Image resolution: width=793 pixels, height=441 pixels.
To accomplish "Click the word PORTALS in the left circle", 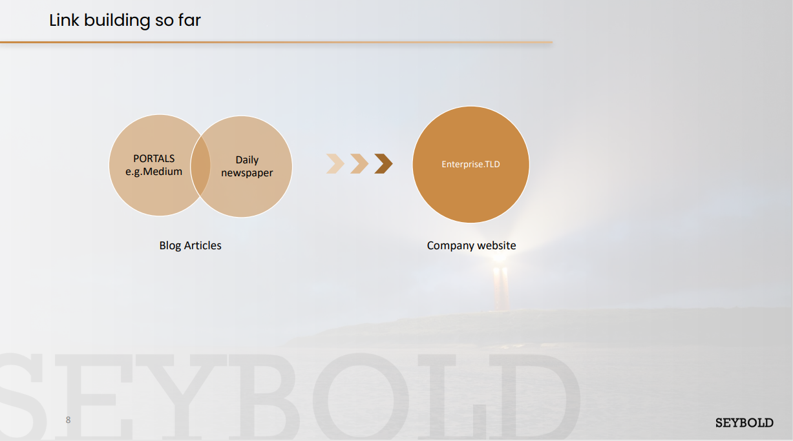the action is [154, 158].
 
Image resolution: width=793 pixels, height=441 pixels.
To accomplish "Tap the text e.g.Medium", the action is [154, 172].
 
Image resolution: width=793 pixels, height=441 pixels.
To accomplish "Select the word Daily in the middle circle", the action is [247, 160].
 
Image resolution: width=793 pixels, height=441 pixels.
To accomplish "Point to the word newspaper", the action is [247, 173].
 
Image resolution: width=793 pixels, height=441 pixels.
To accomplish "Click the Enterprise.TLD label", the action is [471, 164].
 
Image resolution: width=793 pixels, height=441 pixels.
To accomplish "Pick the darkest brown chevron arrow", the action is [383, 164].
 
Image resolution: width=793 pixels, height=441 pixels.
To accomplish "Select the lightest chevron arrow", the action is [335, 164].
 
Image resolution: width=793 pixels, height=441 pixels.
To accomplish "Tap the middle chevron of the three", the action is [359, 164].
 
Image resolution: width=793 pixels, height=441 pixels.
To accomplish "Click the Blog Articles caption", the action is [190, 245].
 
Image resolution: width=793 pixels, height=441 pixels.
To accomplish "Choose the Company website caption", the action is [471, 245].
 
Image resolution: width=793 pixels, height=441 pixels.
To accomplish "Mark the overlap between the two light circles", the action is [200, 165].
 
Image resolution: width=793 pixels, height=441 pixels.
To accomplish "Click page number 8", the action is [68, 420].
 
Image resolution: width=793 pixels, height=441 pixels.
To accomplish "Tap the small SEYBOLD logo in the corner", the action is [744, 423].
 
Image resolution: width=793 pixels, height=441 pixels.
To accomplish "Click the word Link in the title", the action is [64, 20].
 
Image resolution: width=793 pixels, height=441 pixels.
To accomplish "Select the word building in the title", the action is [117, 21].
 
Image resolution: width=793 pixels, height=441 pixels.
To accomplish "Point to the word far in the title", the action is [189, 20].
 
